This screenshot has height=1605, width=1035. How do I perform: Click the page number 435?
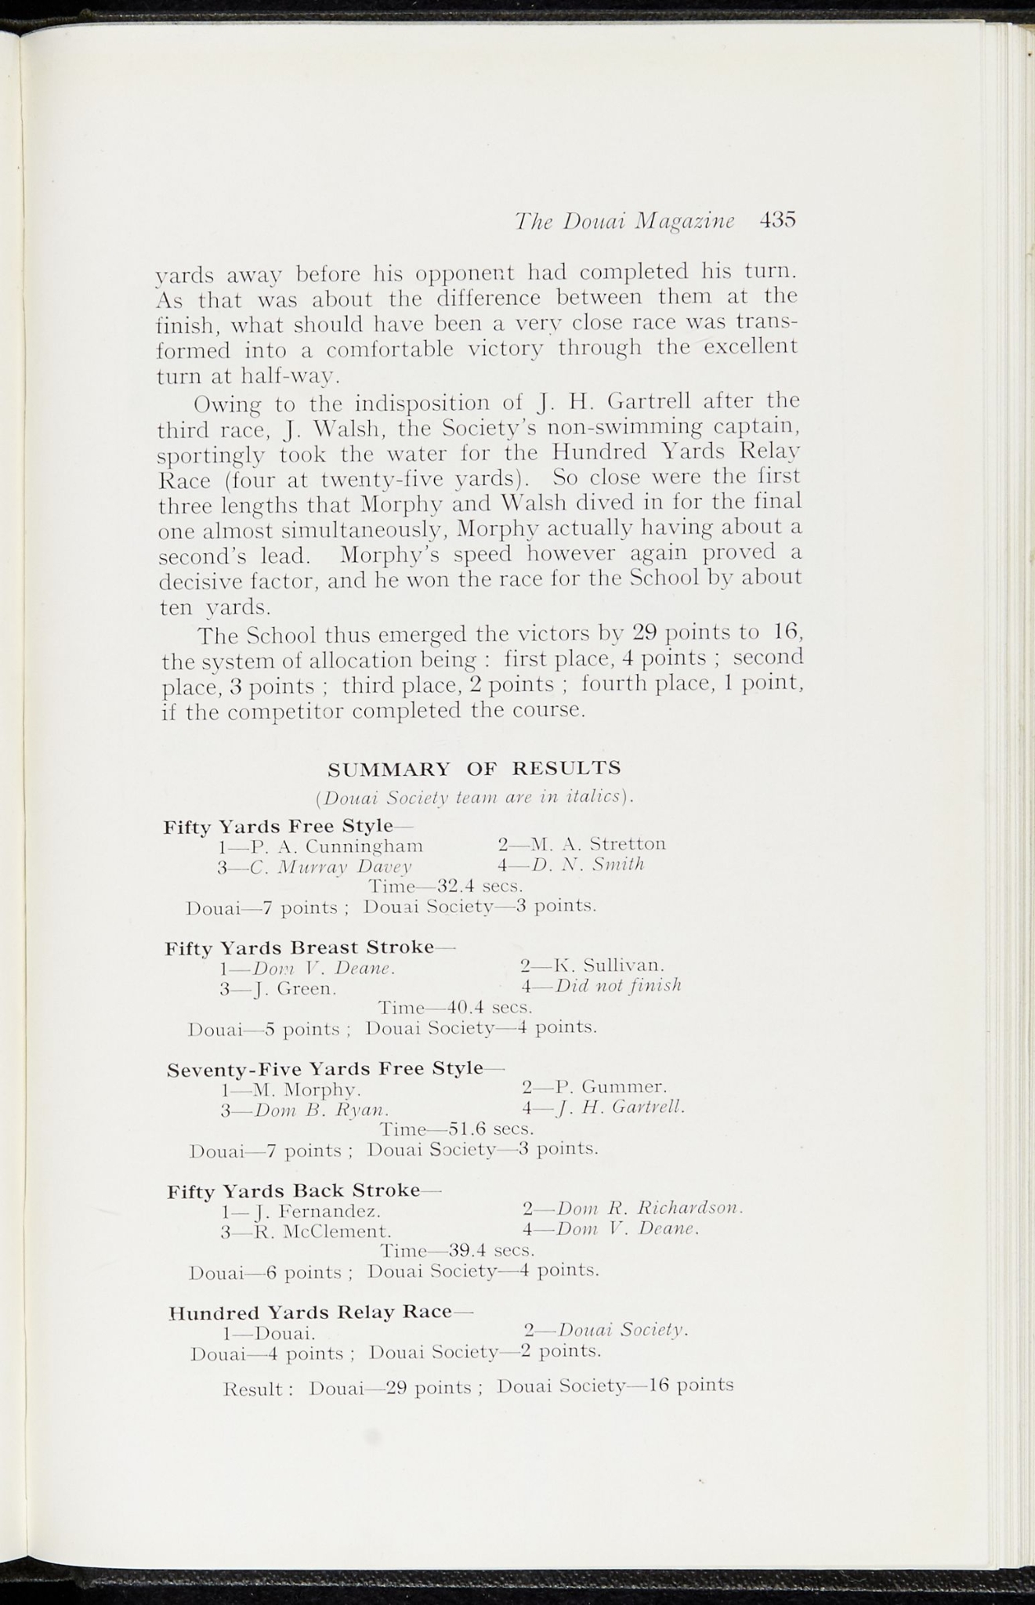pos(777,220)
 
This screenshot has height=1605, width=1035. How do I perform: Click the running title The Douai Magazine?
pos(624,222)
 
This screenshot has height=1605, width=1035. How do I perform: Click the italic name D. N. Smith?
pos(588,864)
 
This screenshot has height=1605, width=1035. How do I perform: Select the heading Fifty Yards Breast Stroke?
pos(300,947)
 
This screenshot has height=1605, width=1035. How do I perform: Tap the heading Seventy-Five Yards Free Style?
pos(325,1069)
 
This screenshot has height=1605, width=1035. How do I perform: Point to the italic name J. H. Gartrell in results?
pos(621,1107)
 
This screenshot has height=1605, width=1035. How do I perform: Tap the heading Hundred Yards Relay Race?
pos(310,1312)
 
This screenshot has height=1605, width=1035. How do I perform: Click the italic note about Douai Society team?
pos(474,797)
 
